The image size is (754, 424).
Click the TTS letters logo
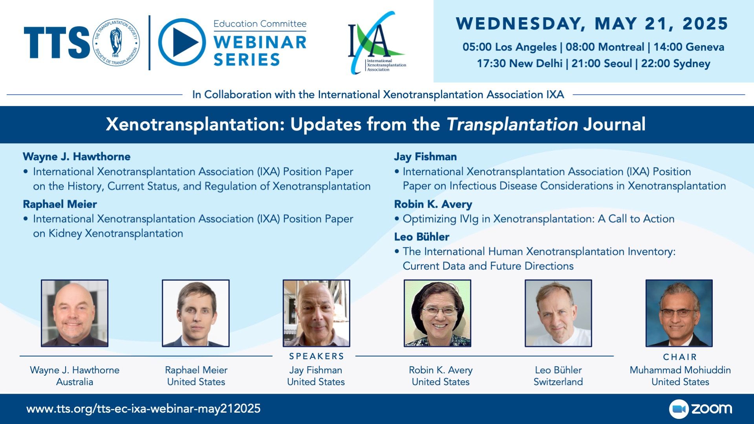(x=57, y=42)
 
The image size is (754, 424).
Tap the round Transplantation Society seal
(x=116, y=42)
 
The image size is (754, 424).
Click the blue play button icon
(x=182, y=42)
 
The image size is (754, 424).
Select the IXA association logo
(x=377, y=42)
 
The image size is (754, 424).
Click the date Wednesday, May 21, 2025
(x=592, y=24)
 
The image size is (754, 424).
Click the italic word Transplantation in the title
(x=512, y=124)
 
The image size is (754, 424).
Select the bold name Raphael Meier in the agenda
(x=60, y=204)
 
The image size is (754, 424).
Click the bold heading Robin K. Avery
(x=433, y=204)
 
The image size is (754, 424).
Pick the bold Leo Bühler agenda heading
(x=421, y=237)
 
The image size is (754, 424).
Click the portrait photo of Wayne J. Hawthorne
(x=75, y=313)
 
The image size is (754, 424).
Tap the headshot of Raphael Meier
(x=196, y=313)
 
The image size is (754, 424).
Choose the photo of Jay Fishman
(x=317, y=313)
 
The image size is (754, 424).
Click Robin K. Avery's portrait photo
(x=437, y=313)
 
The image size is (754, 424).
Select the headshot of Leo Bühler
(x=558, y=313)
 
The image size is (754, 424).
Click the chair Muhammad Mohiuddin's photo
(x=679, y=313)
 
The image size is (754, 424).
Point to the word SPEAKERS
(x=317, y=356)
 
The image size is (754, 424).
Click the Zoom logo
(x=701, y=409)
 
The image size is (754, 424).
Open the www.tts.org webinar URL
(x=143, y=409)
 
